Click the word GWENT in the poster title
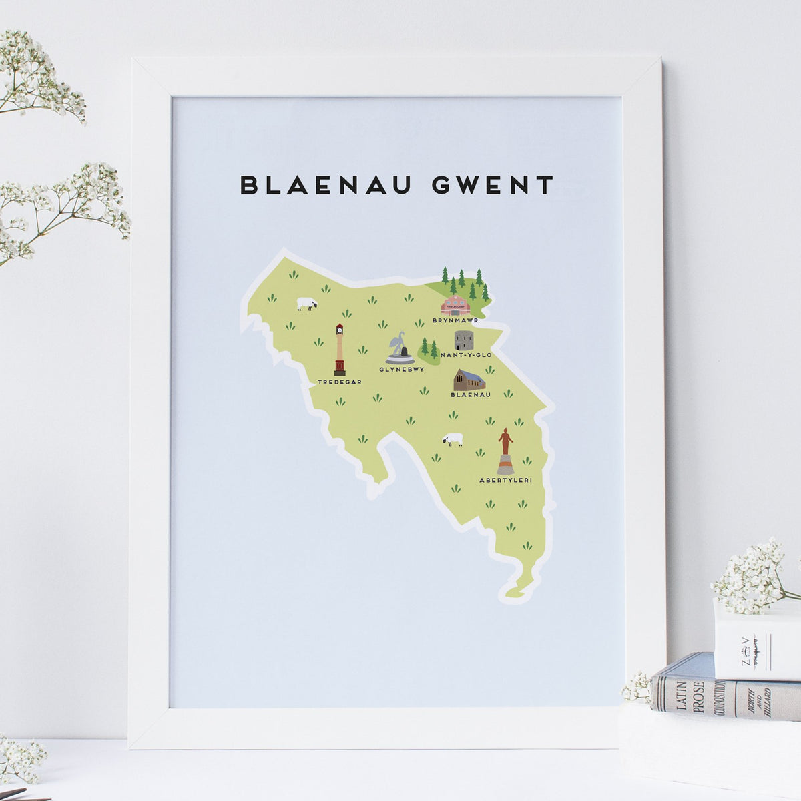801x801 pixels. click(493, 185)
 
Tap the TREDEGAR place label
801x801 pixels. click(340, 382)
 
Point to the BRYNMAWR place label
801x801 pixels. click(455, 320)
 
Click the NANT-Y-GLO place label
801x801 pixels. click(466, 355)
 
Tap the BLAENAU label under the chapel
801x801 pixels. click(471, 395)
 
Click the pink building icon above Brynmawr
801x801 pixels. click(455, 305)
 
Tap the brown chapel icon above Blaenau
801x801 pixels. click(469, 380)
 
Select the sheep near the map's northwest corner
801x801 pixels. click(306, 304)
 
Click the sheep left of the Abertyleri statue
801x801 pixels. click(453, 439)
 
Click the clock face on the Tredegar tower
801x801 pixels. click(340, 328)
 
